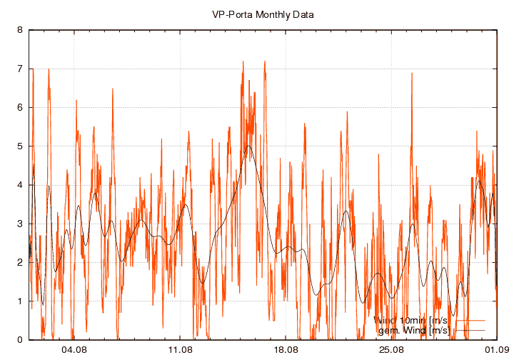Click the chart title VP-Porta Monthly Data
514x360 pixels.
263,14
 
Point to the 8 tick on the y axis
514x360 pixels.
20,31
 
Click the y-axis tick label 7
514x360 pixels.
20,69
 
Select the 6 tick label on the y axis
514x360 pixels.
20,108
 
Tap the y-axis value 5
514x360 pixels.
20,146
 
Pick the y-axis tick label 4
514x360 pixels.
20,185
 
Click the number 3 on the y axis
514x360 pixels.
20,224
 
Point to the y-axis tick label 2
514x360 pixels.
20,262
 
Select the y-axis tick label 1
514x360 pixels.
20,301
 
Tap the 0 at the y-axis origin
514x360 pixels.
20,339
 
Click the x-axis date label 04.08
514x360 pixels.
74,350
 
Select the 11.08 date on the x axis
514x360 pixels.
180,350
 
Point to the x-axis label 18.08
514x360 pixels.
286,350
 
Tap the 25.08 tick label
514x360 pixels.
391,350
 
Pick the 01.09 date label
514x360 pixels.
496,350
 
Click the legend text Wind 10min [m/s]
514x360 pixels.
410,320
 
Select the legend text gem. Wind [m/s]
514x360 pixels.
413,330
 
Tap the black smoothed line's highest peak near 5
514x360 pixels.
248,146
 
